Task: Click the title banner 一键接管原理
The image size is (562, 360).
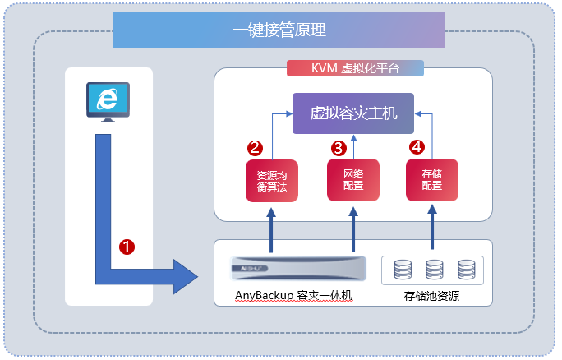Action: pos(279,30)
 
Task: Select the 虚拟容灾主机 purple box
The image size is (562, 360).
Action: pos(353,113)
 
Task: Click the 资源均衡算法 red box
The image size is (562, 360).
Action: pos(271,181)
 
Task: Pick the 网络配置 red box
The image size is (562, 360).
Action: pos(353,180)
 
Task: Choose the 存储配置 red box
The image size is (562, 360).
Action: pos(432,180)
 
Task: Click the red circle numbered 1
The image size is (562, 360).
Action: pos(127,246)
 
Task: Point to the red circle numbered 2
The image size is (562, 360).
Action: pos(255,148)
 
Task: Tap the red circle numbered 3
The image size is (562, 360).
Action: pos(338,148)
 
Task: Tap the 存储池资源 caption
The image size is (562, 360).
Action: pos(431,296)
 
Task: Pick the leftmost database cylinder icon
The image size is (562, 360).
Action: pos(403,269)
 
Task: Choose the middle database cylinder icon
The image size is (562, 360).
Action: pos(434,269)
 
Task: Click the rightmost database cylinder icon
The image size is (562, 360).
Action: pos(466,269)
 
